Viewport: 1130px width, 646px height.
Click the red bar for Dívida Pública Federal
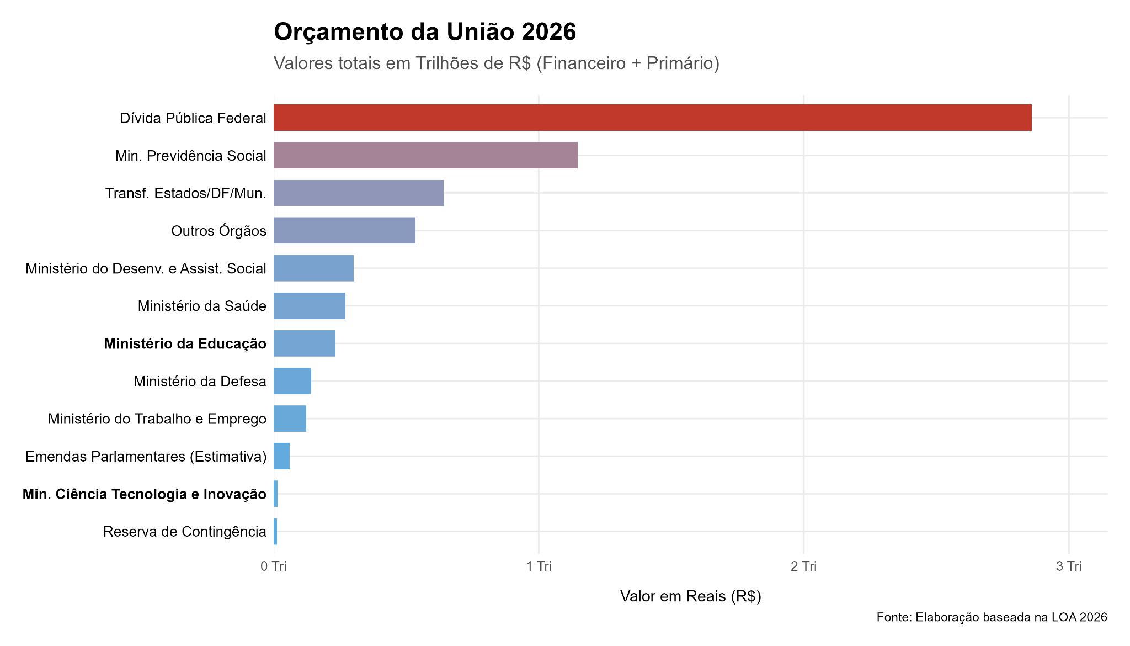click(652, 118)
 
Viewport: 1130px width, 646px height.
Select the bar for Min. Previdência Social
click(425, 155)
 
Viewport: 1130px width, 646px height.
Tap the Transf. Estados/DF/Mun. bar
click(359, 193)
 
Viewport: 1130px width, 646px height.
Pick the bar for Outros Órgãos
click(344, 230)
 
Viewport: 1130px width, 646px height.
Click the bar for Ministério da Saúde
click(310, 306)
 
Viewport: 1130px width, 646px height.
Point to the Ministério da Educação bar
click(305, 343)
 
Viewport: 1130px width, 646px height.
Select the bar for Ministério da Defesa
click(292, 381)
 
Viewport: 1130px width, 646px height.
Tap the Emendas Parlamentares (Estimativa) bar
click(282, 456)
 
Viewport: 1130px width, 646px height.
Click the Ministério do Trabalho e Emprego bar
click(290, 419)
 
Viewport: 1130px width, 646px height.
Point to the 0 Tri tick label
click(274, 566)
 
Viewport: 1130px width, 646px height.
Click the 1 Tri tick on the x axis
click(539, 566)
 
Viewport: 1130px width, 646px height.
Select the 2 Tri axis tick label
click(803, 566)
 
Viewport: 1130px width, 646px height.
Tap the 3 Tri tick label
click(1069, 566)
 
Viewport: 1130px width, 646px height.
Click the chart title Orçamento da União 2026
click(425, 32)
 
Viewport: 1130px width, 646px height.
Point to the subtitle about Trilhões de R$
click(497, 63)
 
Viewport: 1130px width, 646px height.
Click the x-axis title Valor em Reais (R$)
click(690, 596)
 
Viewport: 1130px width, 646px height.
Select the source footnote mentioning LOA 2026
click(992, 617)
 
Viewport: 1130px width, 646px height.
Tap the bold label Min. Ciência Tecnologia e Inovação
click(145, 494)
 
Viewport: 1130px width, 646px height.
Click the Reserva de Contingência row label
click(185, 532)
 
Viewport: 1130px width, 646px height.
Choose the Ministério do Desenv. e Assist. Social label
click(146, 268)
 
